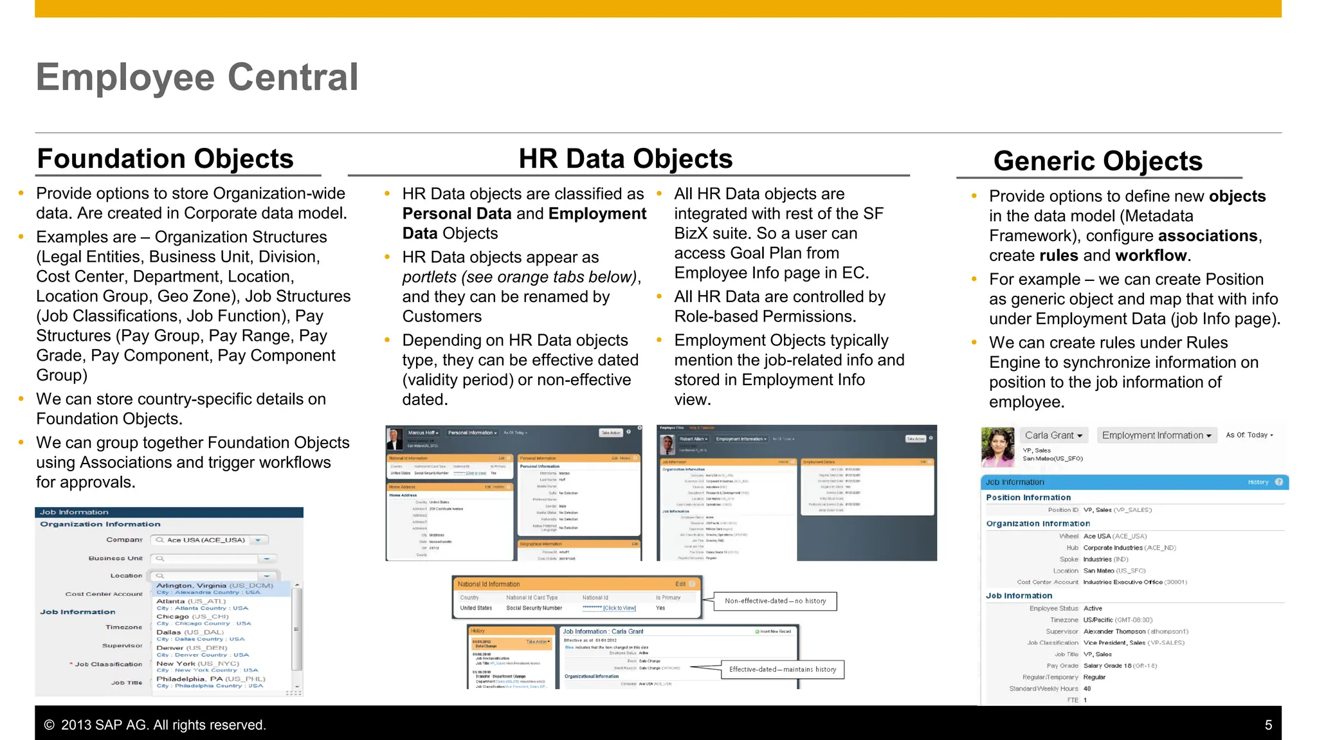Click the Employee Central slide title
pos(197,77)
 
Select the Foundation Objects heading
pos(165,159)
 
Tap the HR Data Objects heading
pos(625,159)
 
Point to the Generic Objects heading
pos(1097,161)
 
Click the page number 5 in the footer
pos(1268,725)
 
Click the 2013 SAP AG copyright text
pos(155,725)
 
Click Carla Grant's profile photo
pos(997,447)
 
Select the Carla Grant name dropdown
pos(1053,435)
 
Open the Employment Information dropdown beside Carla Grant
pos(1156,435)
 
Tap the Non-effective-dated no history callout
pos(775,601)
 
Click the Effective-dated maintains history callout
pos(783,669)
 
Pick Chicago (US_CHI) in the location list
pos(192,617)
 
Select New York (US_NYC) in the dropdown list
pos(197,663)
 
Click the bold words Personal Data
pos(457,214)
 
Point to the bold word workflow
pos(1150,256)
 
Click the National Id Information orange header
pos(489,584)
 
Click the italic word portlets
pos(429,277)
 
